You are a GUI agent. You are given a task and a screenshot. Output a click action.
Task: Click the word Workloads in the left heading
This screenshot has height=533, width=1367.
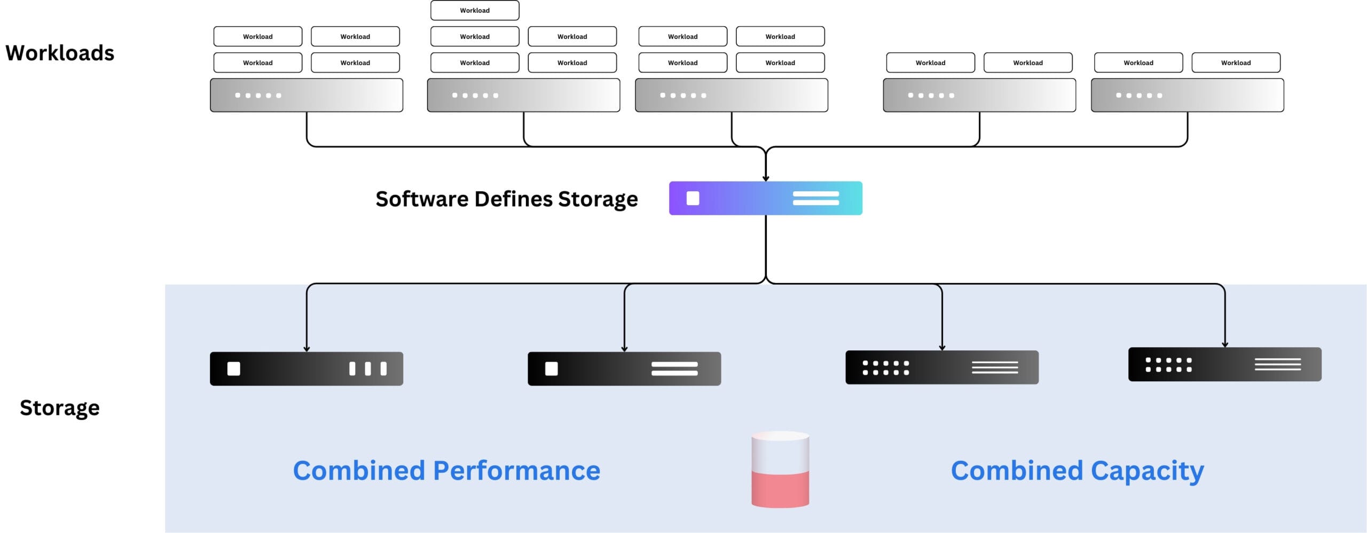coord(60,53)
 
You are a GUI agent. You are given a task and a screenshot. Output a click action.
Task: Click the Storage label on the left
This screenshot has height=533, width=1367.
coord(60,408)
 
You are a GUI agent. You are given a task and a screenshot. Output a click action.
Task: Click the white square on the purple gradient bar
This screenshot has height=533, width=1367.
coord(693,198)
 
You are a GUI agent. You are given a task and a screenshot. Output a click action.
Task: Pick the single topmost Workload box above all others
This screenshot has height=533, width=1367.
coord(475,10)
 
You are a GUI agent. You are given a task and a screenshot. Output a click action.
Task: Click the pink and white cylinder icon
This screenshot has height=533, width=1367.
coord(780,469)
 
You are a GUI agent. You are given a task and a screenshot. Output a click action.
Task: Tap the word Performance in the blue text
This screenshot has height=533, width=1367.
coord(516,471)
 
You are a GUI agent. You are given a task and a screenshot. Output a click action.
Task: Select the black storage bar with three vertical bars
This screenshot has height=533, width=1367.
coord(307,369)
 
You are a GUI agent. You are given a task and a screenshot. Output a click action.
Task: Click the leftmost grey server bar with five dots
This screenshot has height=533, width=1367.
coord(307,95)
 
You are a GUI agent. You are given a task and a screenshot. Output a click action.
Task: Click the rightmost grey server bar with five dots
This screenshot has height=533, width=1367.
coord(1187,95)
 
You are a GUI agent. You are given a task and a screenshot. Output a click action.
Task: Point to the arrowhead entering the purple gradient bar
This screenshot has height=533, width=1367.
coord(766,178)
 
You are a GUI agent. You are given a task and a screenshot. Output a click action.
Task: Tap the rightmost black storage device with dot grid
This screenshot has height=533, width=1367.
coord(1224,364)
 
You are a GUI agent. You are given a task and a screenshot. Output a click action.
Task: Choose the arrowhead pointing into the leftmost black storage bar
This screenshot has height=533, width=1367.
coord(307,349)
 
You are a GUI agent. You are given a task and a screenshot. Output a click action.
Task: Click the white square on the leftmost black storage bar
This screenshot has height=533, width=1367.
coord(233,369)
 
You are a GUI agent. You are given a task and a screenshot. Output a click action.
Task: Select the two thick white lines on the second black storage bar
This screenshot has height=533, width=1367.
coord(674,369)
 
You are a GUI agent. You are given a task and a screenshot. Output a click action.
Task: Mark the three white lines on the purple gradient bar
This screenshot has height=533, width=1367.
coord(815,198)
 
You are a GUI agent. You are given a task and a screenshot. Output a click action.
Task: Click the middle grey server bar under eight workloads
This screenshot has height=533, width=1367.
coord(731,95)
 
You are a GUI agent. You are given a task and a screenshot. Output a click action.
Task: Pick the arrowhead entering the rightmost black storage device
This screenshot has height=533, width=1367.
coord(1224,344)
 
